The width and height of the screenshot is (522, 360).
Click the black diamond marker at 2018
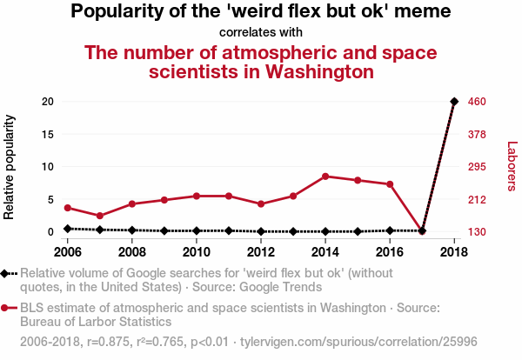tap(454, 102)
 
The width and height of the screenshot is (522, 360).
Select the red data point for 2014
tap(325, 177)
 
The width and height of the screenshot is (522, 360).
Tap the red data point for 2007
tap(100, 216)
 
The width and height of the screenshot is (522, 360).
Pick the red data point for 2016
tap(390, 184)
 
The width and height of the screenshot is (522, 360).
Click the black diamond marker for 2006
tap(68, 229)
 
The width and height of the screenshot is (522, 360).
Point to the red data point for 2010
tap(197, 196)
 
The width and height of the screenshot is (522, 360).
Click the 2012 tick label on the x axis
tap(261, 252)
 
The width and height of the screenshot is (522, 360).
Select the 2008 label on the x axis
tap(132, 252)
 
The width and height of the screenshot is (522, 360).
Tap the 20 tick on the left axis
tap(49, 102)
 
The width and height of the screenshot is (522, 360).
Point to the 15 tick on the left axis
tap(49, 134)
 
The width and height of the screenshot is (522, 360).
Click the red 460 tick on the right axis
tap(478, 102)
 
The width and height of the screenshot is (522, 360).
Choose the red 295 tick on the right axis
tap(478, 167)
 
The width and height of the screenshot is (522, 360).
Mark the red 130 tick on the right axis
tap(478, 232)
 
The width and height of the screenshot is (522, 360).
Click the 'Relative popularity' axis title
tap(10, 167)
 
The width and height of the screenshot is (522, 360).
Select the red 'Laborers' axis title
tap(512, 167)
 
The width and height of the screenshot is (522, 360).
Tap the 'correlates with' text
tap(260, 33)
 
